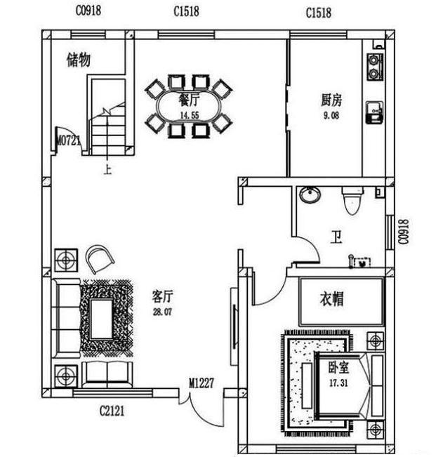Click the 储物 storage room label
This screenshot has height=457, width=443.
pos(79,60)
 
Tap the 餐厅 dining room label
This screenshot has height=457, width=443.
pos(189,100)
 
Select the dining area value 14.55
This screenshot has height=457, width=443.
pos(190,115)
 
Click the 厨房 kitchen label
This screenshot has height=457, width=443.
pos(331,100)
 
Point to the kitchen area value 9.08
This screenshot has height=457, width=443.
pos(331,115)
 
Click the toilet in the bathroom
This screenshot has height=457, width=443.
pos(352,201)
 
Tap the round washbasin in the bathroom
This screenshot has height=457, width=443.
pos(310,194)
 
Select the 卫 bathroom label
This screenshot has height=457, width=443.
pos(336,237)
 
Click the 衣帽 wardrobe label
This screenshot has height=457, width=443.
pos(332,299)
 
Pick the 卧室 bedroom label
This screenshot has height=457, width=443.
pos(338,368)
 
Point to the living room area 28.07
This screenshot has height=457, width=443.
pos(162,312)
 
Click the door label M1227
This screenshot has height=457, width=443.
pos(201,383)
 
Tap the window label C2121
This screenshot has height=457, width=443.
pos(112,411)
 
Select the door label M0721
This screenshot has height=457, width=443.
pos(69,141)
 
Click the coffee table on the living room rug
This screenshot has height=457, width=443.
pos(101,319)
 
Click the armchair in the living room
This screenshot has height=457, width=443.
pos(99,258)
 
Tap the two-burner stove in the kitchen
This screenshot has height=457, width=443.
pos(375,67)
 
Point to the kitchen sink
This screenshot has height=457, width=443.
pos(375,112)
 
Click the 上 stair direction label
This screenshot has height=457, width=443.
pos(107,170)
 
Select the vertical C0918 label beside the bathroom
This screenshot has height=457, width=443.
pos(404,232)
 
